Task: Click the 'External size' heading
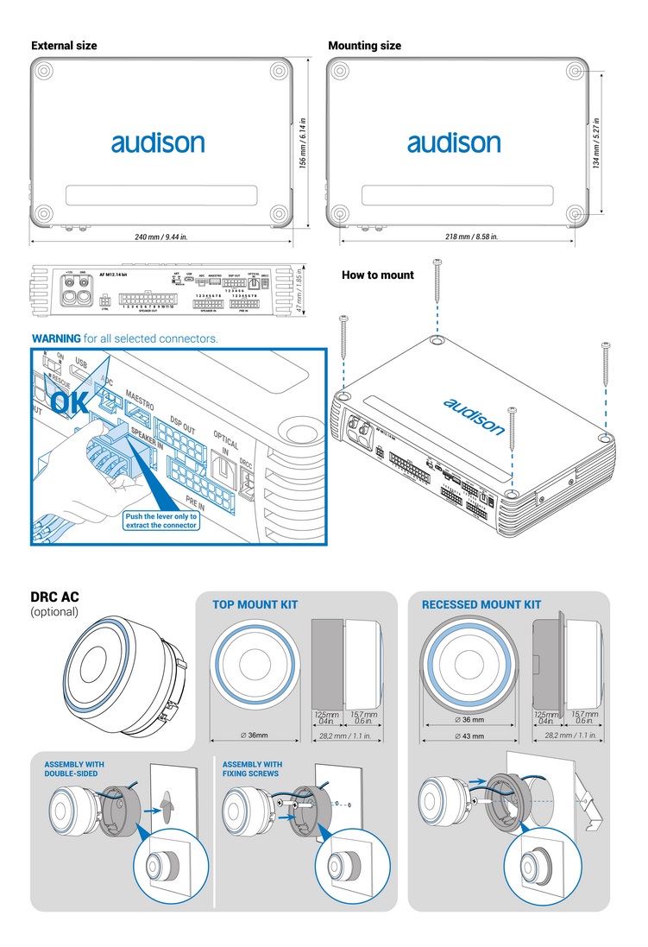64,46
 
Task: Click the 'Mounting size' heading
364,46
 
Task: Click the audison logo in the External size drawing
157,142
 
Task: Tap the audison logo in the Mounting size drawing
454,142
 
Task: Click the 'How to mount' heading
378,275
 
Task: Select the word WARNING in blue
56,338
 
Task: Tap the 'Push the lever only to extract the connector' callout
161,521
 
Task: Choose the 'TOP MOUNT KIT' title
255,605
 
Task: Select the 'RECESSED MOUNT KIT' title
481,605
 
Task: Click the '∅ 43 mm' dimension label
469,736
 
